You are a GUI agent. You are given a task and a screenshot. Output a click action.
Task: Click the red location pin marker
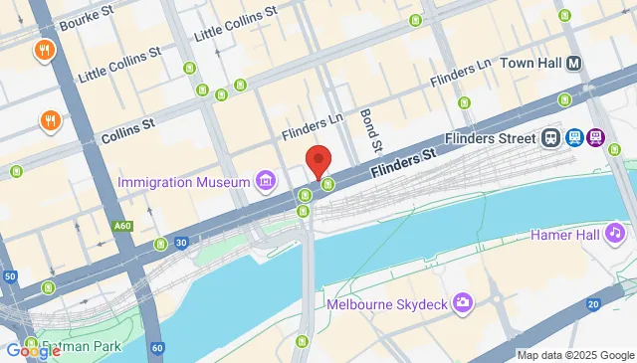pos(318,160)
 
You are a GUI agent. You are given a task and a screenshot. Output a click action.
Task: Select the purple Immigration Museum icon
pos(265,181)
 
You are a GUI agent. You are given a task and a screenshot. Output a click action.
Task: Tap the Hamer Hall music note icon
pos(615,233)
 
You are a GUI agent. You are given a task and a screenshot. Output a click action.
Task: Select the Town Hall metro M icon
pos(574,63)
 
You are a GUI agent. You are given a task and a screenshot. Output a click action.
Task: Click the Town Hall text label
pos(531,63)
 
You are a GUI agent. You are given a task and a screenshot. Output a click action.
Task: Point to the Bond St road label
pos(365,130)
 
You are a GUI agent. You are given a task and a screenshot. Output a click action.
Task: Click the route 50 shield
pos(10,275)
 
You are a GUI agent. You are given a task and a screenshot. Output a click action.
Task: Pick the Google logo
pos(33,350)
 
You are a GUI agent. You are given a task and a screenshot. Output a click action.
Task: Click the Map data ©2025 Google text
pos(574,355)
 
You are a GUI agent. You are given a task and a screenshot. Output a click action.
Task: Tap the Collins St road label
pos(128,126)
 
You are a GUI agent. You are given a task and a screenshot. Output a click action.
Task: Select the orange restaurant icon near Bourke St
pos(44,50)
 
